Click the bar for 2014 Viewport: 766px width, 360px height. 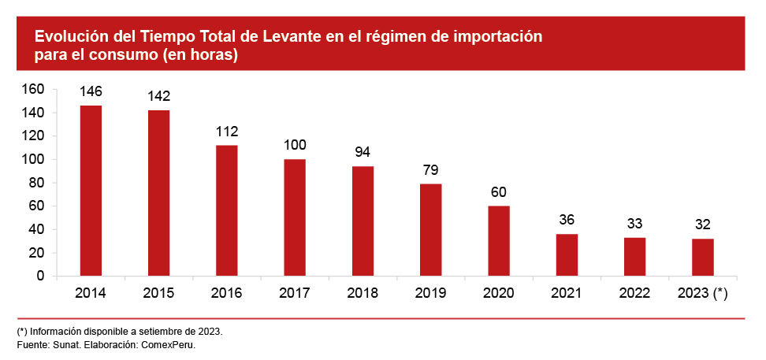[x=91, y=191]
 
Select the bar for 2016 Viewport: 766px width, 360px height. [x=227, y=210]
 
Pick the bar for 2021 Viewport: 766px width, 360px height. [x=567, y=255]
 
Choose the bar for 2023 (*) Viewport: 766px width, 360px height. [x=703, y=258]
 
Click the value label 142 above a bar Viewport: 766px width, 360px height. [x=158, y=96]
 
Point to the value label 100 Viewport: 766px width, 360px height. [x=295, y=145]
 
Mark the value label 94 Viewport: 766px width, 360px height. [x=363, y=152]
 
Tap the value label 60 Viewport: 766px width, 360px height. [x=498, y=191]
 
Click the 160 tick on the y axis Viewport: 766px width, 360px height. [x=33, y=89]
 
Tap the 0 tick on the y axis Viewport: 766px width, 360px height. [x=40, y=276]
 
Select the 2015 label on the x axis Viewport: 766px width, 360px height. [x=158, y=293]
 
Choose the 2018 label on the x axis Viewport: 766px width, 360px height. [x=363, y=293]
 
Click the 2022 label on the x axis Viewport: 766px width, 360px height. [x=634, y=293]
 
